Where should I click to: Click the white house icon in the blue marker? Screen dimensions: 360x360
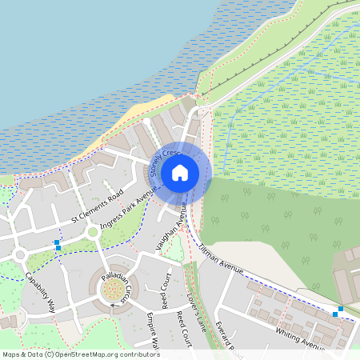pyautogui.click(x=180, y=172)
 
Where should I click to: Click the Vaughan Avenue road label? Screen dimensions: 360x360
pyautogui.click(x=172, y=229)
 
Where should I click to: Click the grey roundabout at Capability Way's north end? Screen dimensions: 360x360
pyautogui.click(x=20, y=255)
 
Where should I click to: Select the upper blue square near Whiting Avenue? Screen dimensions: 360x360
pyautogui.click(x=341, y=308)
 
